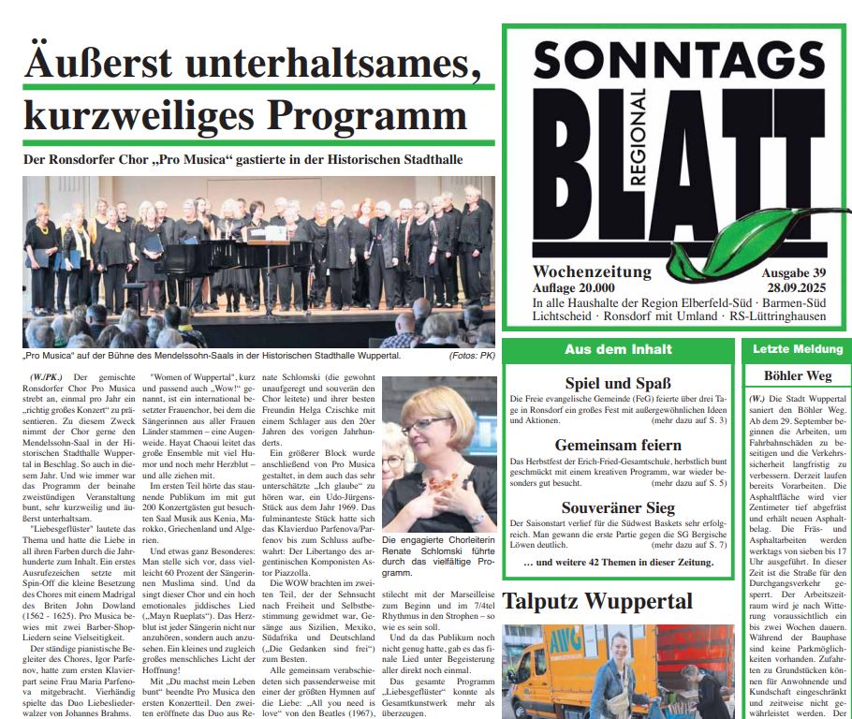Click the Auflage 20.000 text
click(x=574, y=288)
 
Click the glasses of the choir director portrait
click(x=424, y=425)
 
